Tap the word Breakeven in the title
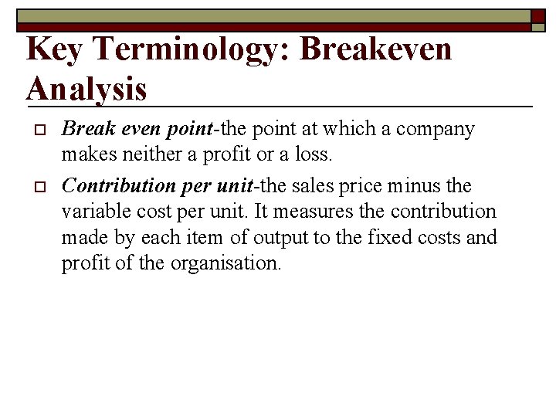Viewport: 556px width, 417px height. tap(375, 49)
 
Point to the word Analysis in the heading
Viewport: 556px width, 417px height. tap(86, 89)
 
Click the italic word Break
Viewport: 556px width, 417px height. tap(84, 129)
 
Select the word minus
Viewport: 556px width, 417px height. tap(412, 186)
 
